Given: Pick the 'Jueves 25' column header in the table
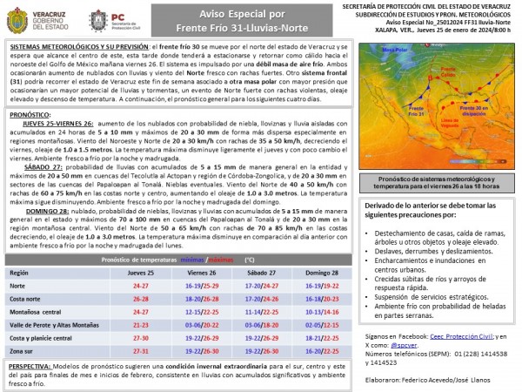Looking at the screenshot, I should [x=141, y=273].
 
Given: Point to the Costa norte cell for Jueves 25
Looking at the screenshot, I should [x=139, y=298].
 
